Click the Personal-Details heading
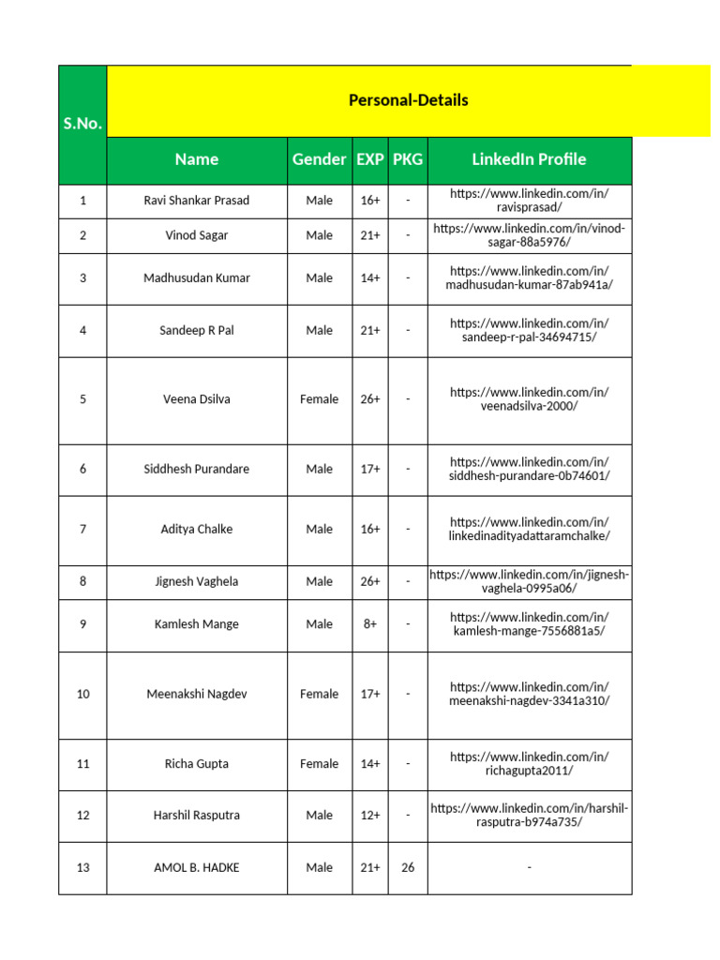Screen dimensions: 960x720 click(408, 100)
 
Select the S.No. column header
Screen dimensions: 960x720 click(82, 124)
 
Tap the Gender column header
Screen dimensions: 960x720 click(319, 159)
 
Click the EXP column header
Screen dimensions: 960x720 click(370, 159)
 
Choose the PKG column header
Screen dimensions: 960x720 click(408, 159)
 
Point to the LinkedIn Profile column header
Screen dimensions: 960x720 click(529, 159)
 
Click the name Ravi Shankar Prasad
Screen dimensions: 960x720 click(197, 201)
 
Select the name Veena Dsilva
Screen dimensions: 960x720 click(197, 399)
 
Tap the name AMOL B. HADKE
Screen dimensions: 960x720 click(197, 868)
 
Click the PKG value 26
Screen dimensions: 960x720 click(408, 868)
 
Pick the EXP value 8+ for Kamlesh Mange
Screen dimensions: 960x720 click(370, 624)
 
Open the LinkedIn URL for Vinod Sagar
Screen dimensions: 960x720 click(529, 236)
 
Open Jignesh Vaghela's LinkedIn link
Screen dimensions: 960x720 click(529, 581)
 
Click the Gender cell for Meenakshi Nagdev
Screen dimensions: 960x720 click(319, 695)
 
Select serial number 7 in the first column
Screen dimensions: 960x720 click(82, 530)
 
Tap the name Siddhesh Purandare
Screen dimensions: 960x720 click(197, 469)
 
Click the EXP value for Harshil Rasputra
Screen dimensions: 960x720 click(370, 816)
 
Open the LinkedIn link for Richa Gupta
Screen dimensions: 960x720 click(529, 763)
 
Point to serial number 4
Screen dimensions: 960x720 click(82, 330)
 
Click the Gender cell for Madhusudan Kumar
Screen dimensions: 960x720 click(319, 278)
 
